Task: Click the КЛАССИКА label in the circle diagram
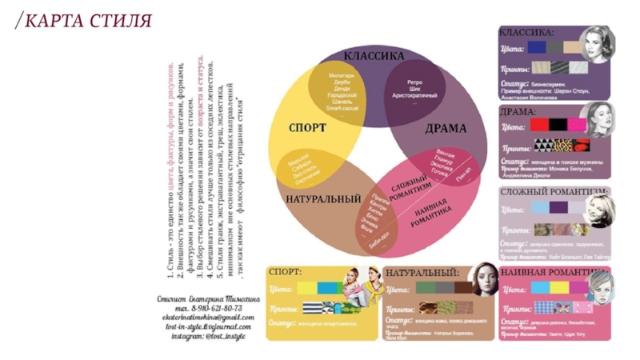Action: pos(374,57)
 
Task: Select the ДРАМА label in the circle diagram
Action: pos(446,128)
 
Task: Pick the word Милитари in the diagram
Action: pos(341,76)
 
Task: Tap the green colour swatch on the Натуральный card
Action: pos(422,288)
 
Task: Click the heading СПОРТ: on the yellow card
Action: pos(285,272)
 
